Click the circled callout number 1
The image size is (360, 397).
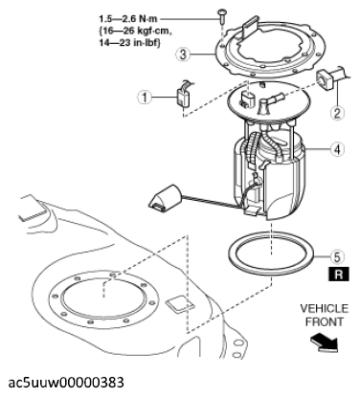(145, 97)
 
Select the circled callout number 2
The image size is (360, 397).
(338, 112)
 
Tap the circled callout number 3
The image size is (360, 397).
(183, 55)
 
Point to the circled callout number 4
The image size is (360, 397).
(338, 149)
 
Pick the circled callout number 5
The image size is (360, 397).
(338, 256)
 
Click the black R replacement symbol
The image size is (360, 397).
(338, 275)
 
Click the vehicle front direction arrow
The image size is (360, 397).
(324, 343)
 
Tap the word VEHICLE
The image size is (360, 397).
(325, 309)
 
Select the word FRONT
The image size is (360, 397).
(325, 321)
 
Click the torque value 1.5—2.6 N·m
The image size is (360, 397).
(128, 19)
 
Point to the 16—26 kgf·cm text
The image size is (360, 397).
(136, 31)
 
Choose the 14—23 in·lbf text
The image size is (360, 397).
(129, 43)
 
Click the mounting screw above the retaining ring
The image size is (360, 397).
(221, 15)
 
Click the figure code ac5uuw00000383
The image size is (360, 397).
(66, 383)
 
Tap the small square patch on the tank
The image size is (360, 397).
(180, 303)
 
